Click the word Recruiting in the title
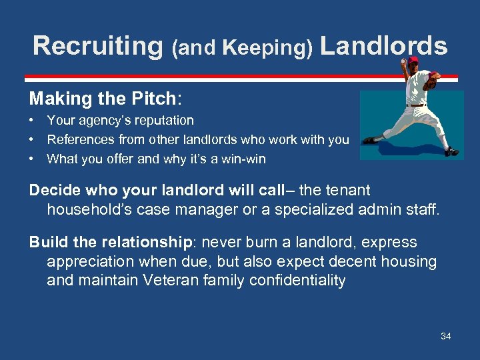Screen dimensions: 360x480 coord(97,46)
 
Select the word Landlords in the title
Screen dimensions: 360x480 coord(383,46)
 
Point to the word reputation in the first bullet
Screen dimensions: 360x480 coord(163,121)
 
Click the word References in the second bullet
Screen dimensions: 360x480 coord(79,140)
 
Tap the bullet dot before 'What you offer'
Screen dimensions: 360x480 coord(32,159)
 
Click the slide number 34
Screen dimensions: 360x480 coord(445,336)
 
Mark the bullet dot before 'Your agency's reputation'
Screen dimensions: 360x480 coord(32,121)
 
